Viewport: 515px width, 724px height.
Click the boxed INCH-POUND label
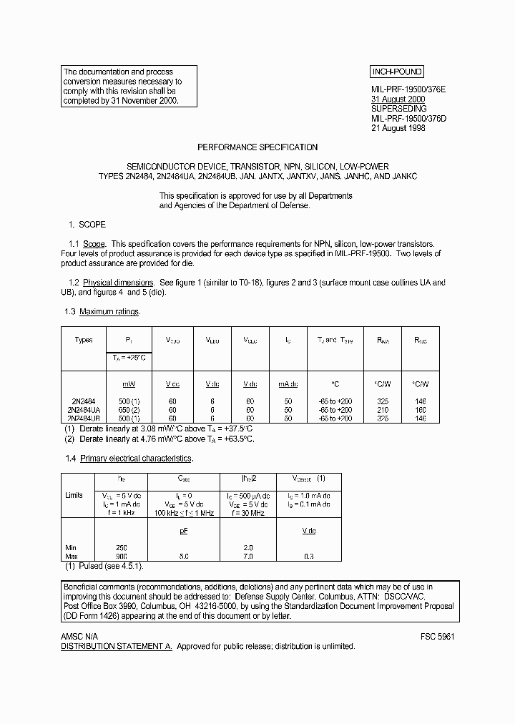[396, 72]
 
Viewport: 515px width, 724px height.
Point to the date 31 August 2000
[398, 99]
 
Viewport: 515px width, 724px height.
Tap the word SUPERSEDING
[398, 109]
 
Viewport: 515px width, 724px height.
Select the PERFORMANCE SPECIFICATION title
[257, 147]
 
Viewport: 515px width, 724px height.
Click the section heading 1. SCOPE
[87, 225]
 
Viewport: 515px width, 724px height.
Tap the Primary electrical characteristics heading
[136, 458]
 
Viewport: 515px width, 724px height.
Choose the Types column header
[84, 340]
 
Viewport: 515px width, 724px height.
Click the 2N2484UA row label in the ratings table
[83, 409]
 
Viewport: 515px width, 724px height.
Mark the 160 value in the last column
[420, 409]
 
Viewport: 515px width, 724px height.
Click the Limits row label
[74, 495]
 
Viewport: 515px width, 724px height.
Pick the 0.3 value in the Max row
[309, 556]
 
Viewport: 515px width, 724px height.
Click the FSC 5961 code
[437, 636]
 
